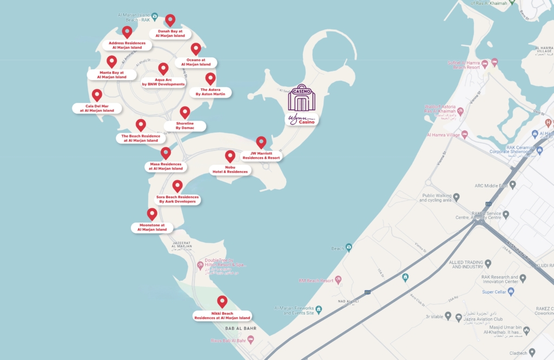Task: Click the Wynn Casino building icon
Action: (x=301, y=98)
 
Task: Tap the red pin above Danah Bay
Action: (x=170, y=20)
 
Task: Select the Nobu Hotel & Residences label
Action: (x=230, y=169)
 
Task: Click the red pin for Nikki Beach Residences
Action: (x=222, y=302)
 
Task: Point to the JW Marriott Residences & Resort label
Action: (x=261, y=155)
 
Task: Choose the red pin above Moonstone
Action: (x=152, y=214)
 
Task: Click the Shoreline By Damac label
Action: (x=185, y=126)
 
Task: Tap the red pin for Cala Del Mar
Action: (x=97, y=95)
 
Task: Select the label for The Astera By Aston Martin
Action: (x=210, y=92)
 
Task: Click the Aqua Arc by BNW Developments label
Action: (x=163, y=82)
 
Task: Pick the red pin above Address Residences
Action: (x=127, y=32)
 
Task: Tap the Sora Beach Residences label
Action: (x=177, y=199)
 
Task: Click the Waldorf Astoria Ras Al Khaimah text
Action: (x=439, y=110)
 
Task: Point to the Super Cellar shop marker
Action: (x=511, y=292)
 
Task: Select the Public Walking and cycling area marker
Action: (x=456, y=197)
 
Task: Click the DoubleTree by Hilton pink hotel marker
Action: (x=200, y=265)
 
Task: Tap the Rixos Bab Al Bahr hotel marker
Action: (x=250, y=339)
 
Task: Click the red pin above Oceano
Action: (x=196, y=49)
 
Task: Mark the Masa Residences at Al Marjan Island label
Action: (x=166, y=166)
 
